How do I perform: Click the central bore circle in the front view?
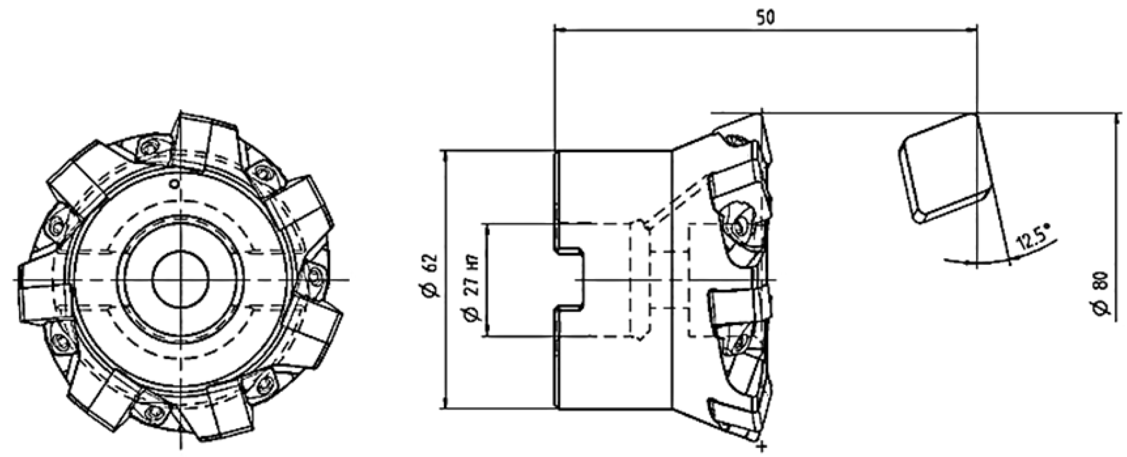click(x=180, y=279)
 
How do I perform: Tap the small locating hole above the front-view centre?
click(x=175, y=183)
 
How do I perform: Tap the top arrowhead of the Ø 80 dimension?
click(x=1118, y=118)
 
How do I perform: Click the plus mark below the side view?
click(x=762, y=446)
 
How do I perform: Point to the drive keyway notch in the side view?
click(x=570, y=279)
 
